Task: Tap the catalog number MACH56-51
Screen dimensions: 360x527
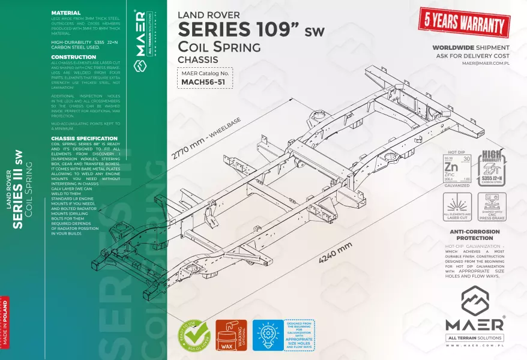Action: [203, 82]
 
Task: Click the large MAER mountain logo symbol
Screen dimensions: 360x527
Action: [474, 300]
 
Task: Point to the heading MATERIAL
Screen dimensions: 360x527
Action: [66, 13]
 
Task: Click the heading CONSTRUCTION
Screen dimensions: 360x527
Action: [74, 57]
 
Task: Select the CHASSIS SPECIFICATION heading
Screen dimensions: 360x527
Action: [85, 138]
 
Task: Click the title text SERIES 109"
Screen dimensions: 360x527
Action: [240, 29]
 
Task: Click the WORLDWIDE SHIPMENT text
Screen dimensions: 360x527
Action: [471, 47]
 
